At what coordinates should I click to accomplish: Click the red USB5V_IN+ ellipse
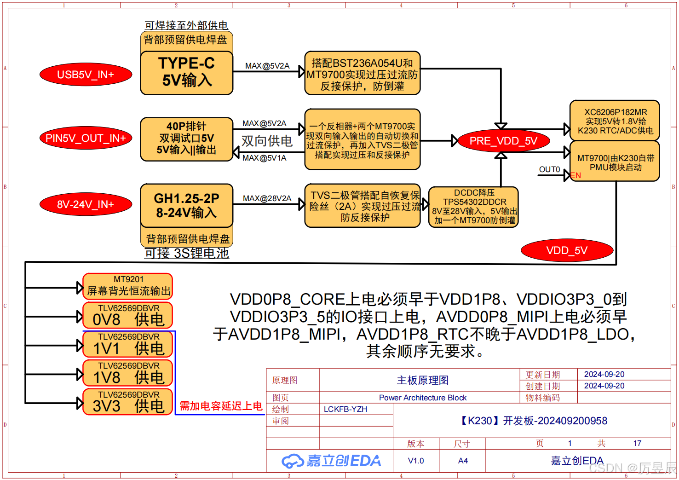[86, 75]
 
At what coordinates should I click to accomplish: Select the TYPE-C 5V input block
[187, 73]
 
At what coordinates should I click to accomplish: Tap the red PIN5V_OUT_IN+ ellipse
[86, 138]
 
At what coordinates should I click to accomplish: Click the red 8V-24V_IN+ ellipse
[86, 204]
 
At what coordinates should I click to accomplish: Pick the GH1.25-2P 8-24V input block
[187, 206]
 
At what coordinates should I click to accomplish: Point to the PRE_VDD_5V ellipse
[503, 141]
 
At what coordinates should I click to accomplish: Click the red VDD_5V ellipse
[567, 250]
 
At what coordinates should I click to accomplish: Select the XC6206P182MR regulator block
[615, 121]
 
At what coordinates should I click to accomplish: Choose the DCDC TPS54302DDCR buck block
[474, 207]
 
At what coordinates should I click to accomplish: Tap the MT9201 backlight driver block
[127, 286]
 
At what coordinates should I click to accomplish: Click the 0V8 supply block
[127, 315]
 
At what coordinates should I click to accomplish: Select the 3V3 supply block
[127, 402]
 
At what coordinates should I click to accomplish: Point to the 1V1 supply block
[127, 344]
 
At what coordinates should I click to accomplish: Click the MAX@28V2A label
[267, 198]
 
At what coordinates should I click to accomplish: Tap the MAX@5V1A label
[265, 158]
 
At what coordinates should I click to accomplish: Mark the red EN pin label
[575, 175]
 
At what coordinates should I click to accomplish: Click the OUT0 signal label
[550, 169]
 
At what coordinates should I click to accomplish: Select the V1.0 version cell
[416, 461]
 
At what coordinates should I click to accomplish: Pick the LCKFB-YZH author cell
[345, 409]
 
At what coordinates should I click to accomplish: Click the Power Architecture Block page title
[423, 398]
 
